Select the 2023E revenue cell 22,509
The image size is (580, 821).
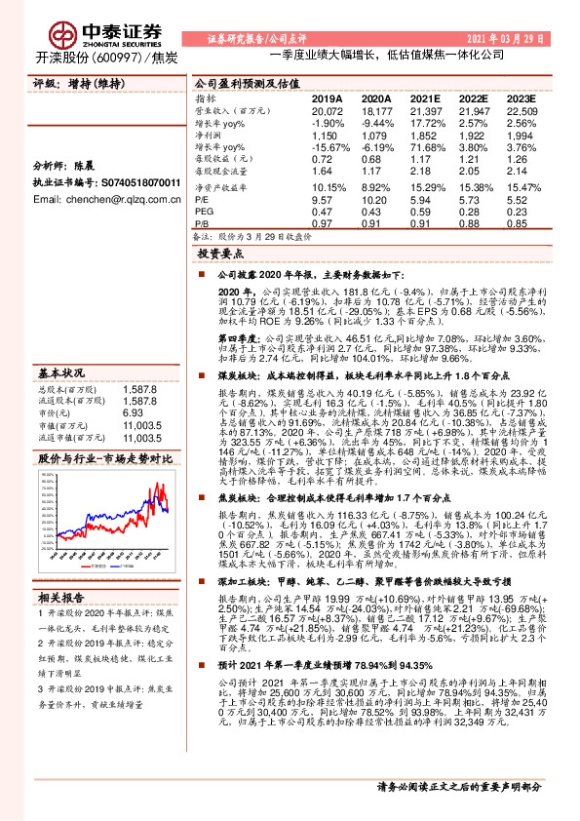(522, 112)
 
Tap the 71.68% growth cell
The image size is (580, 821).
(426, 145)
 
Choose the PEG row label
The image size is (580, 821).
(204, 210)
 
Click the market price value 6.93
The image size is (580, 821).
(134, 385)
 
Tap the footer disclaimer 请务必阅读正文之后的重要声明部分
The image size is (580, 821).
(472, 811)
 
